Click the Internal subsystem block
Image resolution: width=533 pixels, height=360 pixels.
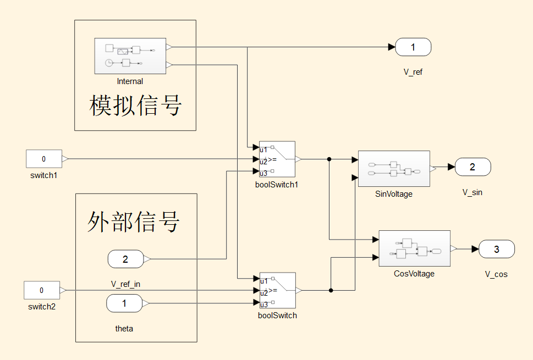pos(130,56)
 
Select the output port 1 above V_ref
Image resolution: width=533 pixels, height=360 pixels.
pos(413,47)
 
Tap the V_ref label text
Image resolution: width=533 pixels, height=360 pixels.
pos(413,72)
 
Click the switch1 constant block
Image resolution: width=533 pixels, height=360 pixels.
pos(44,159)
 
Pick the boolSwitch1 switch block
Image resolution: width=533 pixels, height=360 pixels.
pos(277,159)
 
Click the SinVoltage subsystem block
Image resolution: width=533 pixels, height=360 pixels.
pos(393,169)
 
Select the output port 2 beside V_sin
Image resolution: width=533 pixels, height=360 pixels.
pos(472,167)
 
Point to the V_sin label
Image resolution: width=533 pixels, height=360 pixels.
pos(472,192)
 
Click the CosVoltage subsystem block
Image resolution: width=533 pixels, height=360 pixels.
pos(414,248)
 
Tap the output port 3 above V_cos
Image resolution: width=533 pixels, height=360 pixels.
pos(497,249)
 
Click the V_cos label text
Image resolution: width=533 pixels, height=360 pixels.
pos(496,274)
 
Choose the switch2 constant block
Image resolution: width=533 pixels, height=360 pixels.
pos(42,290)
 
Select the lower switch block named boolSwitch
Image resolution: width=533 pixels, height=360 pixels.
pos(277,290)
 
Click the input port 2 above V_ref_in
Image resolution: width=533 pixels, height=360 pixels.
pos(125,259)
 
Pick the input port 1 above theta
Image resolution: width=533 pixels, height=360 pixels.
pos(124,303)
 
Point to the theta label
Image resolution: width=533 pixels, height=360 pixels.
pos(124,329)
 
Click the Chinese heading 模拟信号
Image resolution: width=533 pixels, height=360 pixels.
pos(135,105)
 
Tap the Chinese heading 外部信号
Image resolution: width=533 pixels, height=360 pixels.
pos(134,221)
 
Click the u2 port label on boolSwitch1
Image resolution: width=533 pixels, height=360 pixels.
pos(263,161)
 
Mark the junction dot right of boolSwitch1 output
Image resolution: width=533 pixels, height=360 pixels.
pos(329,159)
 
